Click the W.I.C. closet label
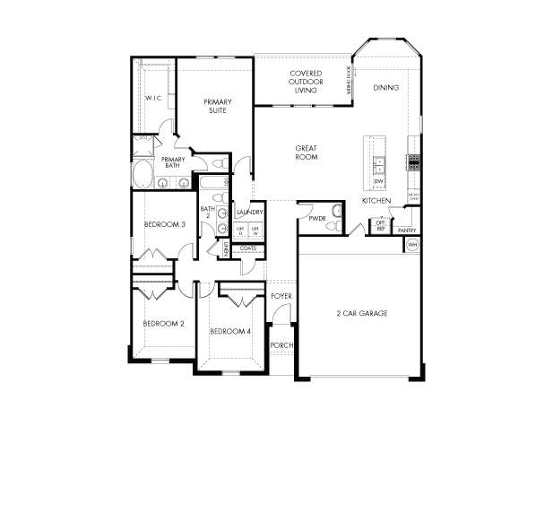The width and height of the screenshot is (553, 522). pyautogui.click(x=152, y=97)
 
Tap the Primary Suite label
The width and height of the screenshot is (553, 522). pyautogui.click(x=218, y=106)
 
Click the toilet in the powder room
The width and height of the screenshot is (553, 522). pyautogui.click(x=334, y=212)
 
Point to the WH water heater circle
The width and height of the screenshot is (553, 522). pyautogui.click(x=413, y=244)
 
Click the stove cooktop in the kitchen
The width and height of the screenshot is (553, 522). pyautogui.click(x=413, y=162)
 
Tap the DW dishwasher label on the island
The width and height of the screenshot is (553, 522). pyautogui.click(x=378, y=182)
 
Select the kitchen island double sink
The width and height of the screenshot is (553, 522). pyautogui.click(x=378, y=164)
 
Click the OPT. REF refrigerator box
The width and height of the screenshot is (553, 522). pyautogui.click(x=381, y=228)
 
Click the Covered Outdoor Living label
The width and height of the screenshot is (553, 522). pyautogui.click(x=299, y=82)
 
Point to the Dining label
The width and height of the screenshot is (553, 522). pyautogui.click(x=385, y=88)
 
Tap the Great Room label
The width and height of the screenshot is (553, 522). pyautogui.click(x=307, y=152)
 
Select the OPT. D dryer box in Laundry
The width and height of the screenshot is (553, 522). pyautogui.click(x=240, y=231)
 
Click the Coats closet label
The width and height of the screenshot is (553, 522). pyautogui.click(x=248, y=248)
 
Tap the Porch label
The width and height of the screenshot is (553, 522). pyautogui.click(x=281, y=345)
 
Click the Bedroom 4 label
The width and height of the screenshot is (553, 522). pyautogui.click(x=230, y=332)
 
